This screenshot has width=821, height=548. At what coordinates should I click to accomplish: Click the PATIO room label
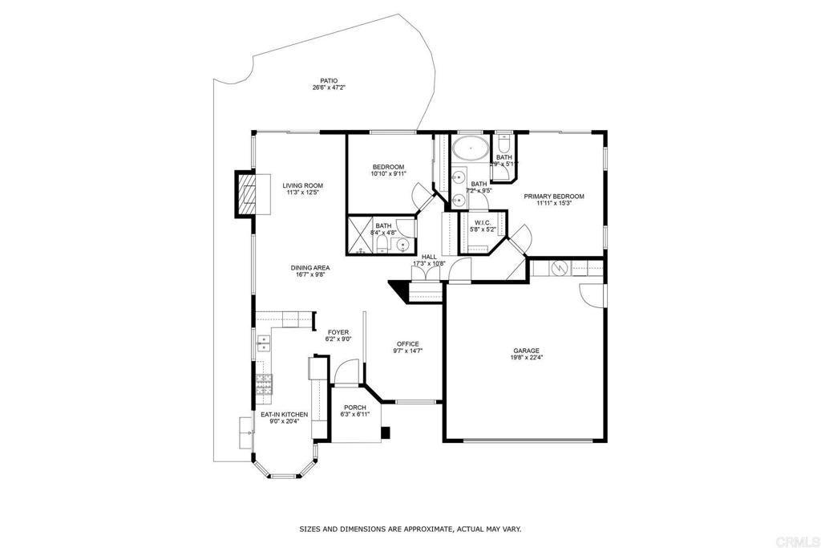coord(329,81)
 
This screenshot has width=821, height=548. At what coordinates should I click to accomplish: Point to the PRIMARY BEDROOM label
coord(554,197)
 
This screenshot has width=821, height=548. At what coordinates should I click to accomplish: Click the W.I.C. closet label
coord(482,222)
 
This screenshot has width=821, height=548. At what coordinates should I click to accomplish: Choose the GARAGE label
coord(526,351)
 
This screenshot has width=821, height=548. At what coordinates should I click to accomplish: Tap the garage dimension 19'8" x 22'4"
coord(526,358)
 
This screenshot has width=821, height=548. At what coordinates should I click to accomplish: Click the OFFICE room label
coord(407,344)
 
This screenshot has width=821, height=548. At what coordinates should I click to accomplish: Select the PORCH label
coord(354,408)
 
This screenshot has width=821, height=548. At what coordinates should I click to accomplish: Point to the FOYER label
coord(337,332)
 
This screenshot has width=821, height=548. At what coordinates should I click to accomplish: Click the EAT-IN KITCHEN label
coord(284,415)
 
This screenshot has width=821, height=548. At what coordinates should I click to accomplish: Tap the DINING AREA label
coord(312,268)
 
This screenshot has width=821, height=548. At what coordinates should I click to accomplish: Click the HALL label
coord(429,257)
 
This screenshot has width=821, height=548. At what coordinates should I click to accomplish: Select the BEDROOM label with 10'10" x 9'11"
coord(388,166)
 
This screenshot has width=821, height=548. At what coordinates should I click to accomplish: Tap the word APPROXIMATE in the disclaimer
coord(409,530)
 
